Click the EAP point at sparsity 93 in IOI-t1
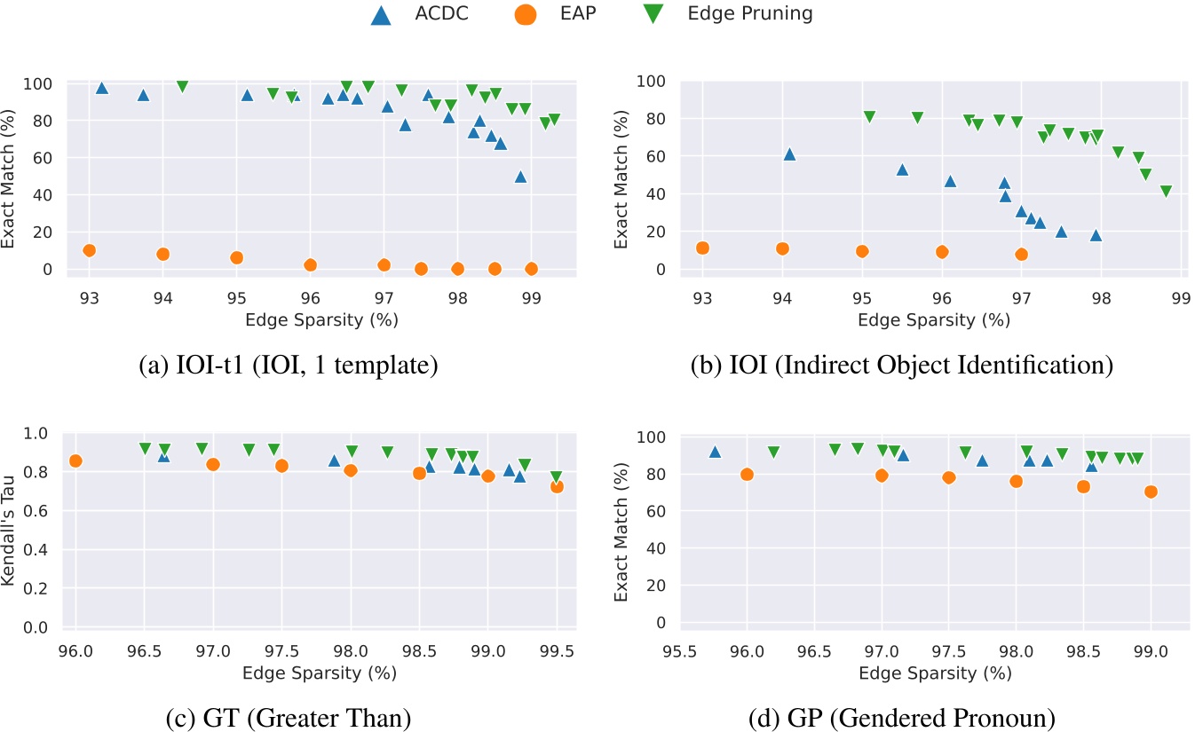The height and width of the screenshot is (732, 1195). coord(89,250)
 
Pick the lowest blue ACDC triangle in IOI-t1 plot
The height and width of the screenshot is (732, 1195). coord(520,177)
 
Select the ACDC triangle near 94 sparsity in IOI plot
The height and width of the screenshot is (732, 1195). coord(788,154)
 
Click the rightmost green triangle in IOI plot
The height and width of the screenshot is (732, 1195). coord(1166,192)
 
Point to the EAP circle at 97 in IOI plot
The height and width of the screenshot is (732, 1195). coord(1021,254)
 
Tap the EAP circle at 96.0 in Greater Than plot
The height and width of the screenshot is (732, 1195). coord(75,460)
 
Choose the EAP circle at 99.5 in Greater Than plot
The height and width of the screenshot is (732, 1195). coord(557,486)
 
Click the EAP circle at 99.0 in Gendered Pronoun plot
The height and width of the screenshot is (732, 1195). coord(1151,492)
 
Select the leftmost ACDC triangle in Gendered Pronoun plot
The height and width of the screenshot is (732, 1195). coord(715,452)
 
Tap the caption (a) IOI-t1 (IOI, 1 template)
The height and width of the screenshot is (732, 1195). coord(289,366)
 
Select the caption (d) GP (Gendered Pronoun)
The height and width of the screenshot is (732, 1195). coord(902,715)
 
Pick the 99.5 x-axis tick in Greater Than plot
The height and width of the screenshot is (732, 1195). coord(557,654)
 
